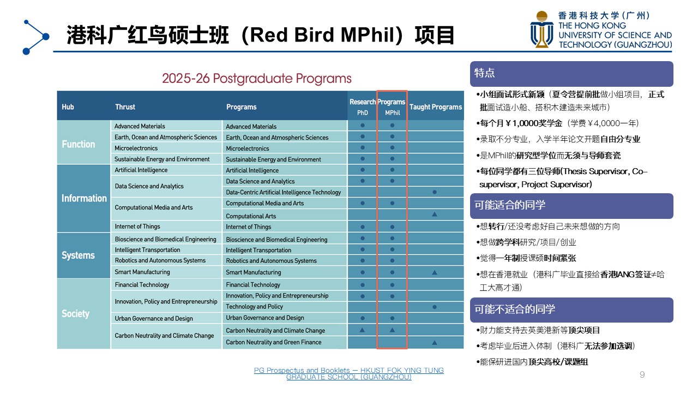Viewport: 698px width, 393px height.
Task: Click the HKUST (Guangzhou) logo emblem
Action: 541,29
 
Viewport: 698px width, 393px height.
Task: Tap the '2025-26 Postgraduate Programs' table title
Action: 257,78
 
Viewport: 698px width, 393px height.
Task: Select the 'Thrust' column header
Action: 125,107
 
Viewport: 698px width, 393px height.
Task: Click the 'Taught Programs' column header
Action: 436,107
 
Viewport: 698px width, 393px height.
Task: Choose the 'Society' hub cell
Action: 83,313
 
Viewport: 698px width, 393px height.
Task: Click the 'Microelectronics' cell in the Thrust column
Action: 166,148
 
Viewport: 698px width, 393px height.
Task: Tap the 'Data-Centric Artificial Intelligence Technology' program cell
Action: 285,192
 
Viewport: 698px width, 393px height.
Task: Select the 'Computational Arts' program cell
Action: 285,216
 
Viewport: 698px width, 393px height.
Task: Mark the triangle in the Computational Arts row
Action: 435,215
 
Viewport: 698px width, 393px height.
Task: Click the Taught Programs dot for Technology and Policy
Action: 435,307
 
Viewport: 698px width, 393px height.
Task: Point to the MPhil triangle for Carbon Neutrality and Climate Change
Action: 392,330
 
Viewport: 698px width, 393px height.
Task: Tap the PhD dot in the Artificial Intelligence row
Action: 363,170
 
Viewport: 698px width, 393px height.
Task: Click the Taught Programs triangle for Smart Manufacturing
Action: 435,272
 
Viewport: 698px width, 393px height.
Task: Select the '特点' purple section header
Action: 571,74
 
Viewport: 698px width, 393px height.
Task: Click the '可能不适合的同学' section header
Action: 571,309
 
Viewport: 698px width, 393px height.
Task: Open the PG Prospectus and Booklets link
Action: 348,374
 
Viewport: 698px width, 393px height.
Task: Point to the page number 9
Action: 642,374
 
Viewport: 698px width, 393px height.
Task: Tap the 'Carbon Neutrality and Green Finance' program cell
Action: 285,342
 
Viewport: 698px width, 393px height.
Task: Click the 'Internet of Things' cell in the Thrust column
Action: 166,227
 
